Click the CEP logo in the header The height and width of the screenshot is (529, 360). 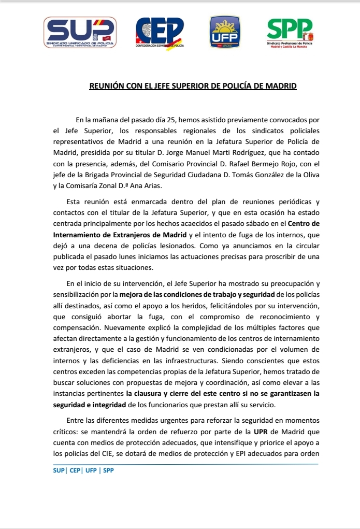tap(160, 33)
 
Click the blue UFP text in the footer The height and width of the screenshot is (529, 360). tap(92, 470)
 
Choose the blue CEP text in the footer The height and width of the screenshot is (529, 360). tap(75, 470)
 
